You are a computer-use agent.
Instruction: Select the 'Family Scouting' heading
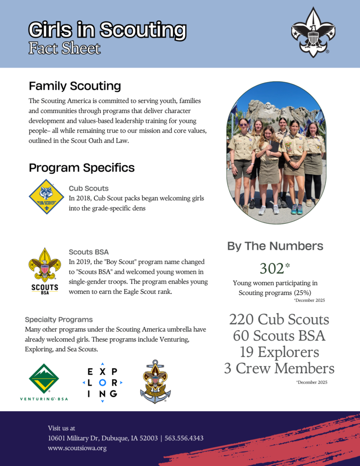coord(75,86)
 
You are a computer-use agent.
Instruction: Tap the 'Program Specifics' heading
coord(82,168)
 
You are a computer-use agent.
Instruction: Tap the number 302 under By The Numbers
coord(272,269)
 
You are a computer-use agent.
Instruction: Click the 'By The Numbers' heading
coord(275,246)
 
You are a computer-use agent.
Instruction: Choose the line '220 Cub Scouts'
coord(279,320)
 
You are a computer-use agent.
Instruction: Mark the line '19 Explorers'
coord(279,352)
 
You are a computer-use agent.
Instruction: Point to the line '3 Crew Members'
coord(279,368)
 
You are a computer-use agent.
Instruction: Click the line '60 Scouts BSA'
coord(279,336)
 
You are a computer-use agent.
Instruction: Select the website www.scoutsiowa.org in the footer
coord(77,448)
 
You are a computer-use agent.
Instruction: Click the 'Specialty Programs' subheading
coord(59,320)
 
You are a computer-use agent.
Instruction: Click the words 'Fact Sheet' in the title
coord(64,48)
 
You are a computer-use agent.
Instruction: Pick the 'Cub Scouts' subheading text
coord(88,188)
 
